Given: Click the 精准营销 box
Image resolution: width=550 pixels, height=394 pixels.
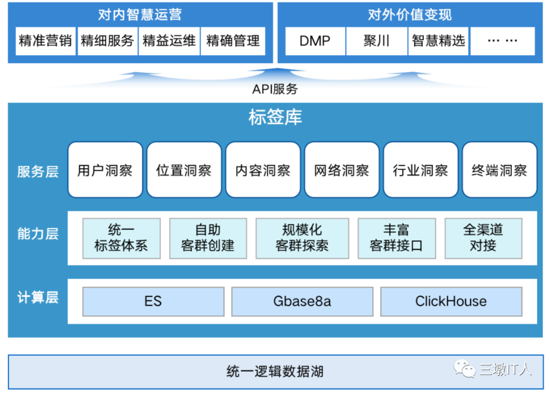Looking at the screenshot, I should pos(45,41).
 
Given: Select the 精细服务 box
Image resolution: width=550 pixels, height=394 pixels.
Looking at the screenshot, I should pos(107,41).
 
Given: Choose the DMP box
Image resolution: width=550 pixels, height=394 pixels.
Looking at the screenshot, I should pos(315,41).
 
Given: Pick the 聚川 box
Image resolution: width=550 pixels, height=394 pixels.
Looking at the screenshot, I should pos(377,41).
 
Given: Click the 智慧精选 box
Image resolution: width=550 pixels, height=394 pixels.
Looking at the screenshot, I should pos(438,41).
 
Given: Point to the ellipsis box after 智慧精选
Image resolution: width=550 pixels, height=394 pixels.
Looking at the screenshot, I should pos(502,41).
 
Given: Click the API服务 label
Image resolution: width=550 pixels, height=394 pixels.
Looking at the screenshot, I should pos(275,90).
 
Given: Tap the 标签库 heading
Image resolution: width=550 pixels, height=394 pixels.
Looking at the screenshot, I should pos(275,117).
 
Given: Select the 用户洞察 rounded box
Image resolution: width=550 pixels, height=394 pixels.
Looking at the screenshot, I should pos(105,170).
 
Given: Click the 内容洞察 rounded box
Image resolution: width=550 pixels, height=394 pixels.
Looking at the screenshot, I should pos(263,170).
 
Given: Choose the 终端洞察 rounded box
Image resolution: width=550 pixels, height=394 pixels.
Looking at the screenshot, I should pos(499,170).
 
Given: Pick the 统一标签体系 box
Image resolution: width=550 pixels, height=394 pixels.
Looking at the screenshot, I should pos(121,238).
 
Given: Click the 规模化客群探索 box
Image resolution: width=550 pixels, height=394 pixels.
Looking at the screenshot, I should pos(302,238).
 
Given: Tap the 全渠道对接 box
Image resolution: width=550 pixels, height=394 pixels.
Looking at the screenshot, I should pos(483,238).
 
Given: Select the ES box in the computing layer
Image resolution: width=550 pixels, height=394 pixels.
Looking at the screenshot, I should pos(153,301).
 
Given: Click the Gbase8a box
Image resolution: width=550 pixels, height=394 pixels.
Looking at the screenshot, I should pos(302,301).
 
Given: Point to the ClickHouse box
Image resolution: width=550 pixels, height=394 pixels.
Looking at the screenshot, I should pos(451,301).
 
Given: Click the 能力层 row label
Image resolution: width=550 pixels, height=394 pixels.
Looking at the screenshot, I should pos(38,234).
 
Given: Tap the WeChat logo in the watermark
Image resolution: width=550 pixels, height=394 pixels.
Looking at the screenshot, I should pos(464,369).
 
